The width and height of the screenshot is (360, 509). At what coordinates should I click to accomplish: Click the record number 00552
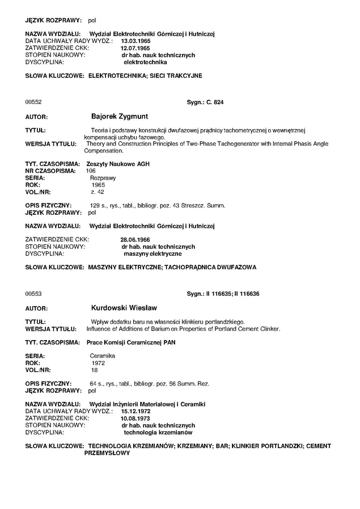point(33,103)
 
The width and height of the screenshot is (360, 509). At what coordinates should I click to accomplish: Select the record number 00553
point(33,294)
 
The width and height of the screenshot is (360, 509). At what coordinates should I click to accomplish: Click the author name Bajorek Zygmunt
point(120,117)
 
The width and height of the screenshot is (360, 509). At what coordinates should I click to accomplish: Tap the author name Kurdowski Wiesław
point(125,308)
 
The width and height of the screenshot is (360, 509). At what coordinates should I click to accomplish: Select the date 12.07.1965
point(127,48)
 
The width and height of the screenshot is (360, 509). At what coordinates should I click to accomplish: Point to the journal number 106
point(91,171)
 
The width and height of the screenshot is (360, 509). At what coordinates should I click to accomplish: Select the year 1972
point(99,362)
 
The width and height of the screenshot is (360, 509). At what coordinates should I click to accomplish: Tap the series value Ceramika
point(103,355)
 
